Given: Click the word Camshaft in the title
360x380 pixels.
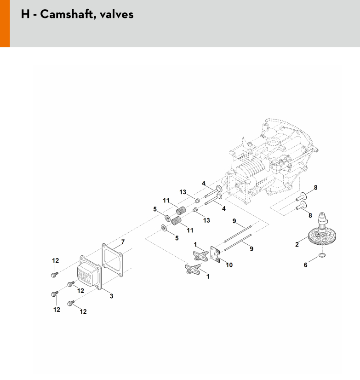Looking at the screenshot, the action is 67,14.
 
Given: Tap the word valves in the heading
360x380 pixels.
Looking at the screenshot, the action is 116,15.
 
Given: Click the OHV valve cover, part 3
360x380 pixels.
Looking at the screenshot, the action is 90,272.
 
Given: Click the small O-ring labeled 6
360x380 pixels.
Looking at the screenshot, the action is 322,255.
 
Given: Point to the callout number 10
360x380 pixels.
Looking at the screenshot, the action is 229,265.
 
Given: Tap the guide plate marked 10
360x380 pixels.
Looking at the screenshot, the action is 215,254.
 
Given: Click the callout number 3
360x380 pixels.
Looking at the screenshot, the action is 111,296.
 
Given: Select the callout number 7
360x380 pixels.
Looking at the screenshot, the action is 123,242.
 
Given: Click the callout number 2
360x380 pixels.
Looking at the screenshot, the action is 297,245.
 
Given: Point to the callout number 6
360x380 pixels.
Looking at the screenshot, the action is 305,265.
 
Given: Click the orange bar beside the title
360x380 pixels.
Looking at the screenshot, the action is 5,23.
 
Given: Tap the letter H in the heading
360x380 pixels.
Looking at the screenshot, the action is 25,14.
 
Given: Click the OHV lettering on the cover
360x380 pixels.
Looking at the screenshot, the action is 85,276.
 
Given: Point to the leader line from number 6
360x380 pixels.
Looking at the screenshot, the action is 314,259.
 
